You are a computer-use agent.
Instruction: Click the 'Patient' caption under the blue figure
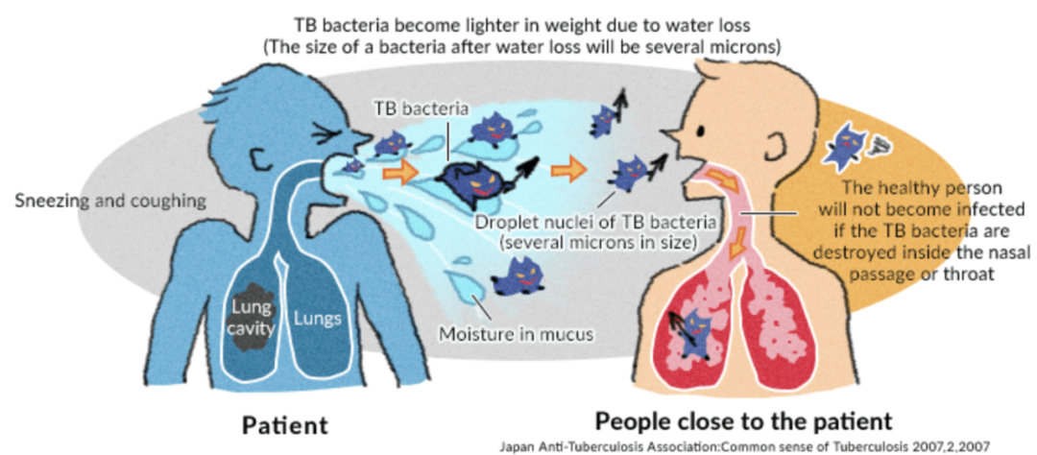(284, 423)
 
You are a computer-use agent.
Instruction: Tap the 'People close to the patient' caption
(744, 420)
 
